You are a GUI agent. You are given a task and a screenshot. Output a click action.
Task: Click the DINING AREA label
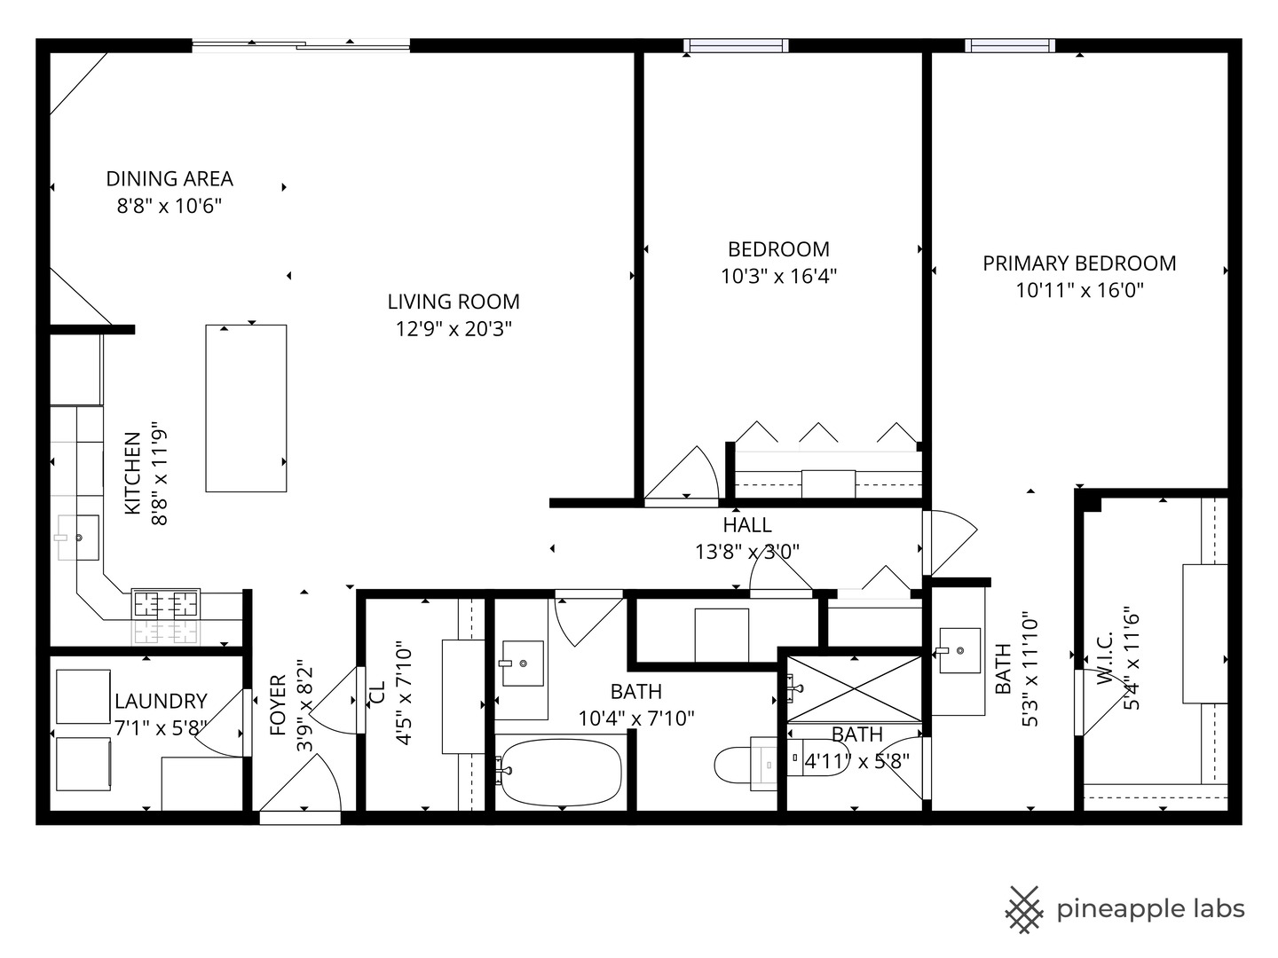point(170,178)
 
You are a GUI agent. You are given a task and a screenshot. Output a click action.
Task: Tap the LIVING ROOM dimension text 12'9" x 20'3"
point(454,329)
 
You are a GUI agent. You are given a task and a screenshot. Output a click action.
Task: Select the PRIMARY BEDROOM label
point(1079,263)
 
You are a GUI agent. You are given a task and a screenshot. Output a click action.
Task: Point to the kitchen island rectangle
point(246,408)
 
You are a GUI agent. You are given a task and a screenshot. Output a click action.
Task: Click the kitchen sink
point(78,538)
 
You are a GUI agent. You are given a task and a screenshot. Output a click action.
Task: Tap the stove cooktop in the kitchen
point(166,604)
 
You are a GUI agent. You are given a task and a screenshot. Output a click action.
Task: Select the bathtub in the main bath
point(559,772)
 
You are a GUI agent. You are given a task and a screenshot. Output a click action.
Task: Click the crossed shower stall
point(854,689)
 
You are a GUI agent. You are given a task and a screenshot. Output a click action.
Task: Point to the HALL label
point(747,525)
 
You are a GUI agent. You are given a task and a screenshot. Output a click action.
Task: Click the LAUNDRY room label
point(161,701)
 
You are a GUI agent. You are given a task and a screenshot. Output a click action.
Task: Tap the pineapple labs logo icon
point(1024,910)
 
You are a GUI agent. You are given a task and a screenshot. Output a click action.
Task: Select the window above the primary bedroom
point(1010,45)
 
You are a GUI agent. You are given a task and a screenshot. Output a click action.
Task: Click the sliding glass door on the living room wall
point(301,44)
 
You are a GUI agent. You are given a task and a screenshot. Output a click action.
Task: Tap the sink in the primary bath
point(959,650)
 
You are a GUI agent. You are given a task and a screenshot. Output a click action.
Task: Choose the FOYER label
point(279,705)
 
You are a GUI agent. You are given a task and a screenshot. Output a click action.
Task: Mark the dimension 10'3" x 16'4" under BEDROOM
point(779,276)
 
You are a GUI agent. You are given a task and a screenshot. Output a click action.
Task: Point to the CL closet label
point(377,692)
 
